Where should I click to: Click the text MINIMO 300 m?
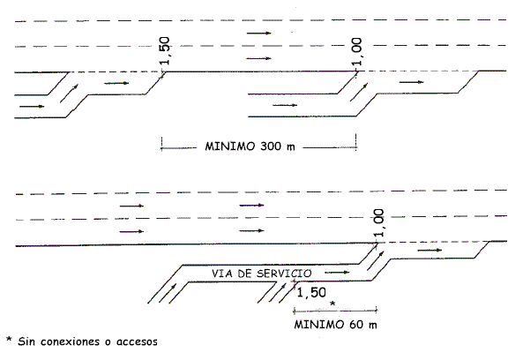[250, 146]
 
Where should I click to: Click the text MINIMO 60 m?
[335, 325]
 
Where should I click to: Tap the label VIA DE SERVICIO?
[261, 274]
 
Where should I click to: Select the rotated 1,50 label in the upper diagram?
[164, 50]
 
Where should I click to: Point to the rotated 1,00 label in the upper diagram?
[356, 52]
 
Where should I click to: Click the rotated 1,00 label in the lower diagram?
[378, 223]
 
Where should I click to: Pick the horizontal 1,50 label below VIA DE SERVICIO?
[311, 293]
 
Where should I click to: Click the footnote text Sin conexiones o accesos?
[87, 341]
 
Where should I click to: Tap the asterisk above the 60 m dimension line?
[332, 304]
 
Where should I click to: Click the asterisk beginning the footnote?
[10, 340]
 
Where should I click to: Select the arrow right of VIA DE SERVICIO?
[337, 273]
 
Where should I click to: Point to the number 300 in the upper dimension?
[271, 146]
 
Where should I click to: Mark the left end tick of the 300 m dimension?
[161, 144]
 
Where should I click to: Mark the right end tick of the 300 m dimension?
[356, 142]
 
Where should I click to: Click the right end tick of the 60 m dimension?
[377, 311]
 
